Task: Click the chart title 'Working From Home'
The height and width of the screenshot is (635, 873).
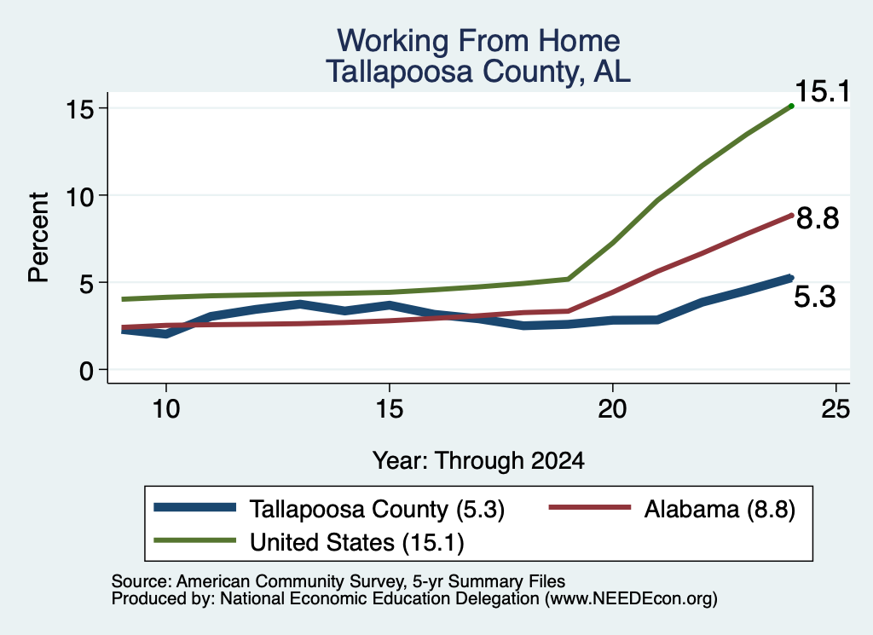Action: [478, 41]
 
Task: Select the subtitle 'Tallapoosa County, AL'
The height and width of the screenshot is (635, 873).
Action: [478, 72]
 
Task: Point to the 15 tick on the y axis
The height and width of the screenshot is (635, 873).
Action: [80, 108]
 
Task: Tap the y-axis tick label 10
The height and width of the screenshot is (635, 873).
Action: [80, 195]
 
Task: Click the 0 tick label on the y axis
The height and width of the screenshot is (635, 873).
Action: [87, 370]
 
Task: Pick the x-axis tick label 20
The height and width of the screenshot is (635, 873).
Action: [612, 409]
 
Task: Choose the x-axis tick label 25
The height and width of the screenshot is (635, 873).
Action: [835, 409]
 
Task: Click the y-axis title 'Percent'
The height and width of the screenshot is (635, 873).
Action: [38, 237]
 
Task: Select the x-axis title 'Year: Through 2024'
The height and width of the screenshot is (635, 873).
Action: [478, 461]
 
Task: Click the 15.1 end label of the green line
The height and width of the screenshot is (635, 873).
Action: [823, 91]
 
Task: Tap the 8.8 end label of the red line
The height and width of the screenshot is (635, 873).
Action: [818, 218]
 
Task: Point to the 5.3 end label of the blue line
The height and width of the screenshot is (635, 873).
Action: [814, 297]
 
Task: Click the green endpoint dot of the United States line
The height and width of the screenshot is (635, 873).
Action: [791, 106]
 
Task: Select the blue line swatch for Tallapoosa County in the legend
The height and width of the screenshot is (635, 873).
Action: [195, 507]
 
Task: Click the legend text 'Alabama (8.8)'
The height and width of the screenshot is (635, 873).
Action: [720, 509]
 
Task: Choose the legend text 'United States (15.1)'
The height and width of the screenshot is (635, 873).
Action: [357, 542]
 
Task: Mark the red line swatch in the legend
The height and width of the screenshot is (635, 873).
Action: [590, 507]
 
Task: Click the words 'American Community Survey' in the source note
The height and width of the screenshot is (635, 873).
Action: [290, 581]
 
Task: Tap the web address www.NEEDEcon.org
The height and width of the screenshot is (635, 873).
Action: [631, 598]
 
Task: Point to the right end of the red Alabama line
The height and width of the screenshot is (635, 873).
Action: [791, 215]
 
